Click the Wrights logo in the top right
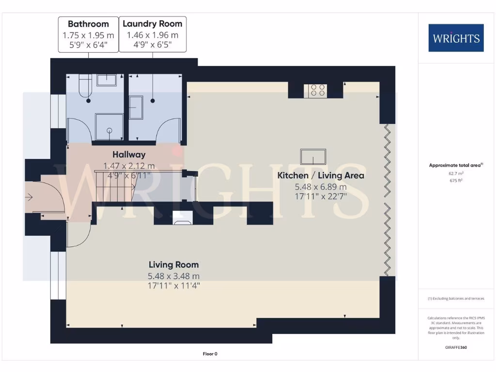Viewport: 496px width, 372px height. click(x=456, y=38)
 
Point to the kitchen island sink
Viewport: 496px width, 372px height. click(x=313, y=157)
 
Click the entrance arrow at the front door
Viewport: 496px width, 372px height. click(x=30, y=197)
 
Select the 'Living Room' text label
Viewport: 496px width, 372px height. click(x=173, y=265)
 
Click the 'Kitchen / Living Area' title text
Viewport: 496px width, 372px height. click(x=320, y=175)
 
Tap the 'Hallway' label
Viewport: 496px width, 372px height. click(x=129, y=155)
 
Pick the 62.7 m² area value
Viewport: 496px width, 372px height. click(x=455, y=172)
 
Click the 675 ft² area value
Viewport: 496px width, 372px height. click(x=455, y=180)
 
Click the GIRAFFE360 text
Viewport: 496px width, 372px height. click(x=455, y=347)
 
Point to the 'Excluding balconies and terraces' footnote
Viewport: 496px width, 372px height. click(x=455, y=299)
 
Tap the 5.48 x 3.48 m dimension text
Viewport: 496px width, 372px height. click(x=173, y=276)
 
